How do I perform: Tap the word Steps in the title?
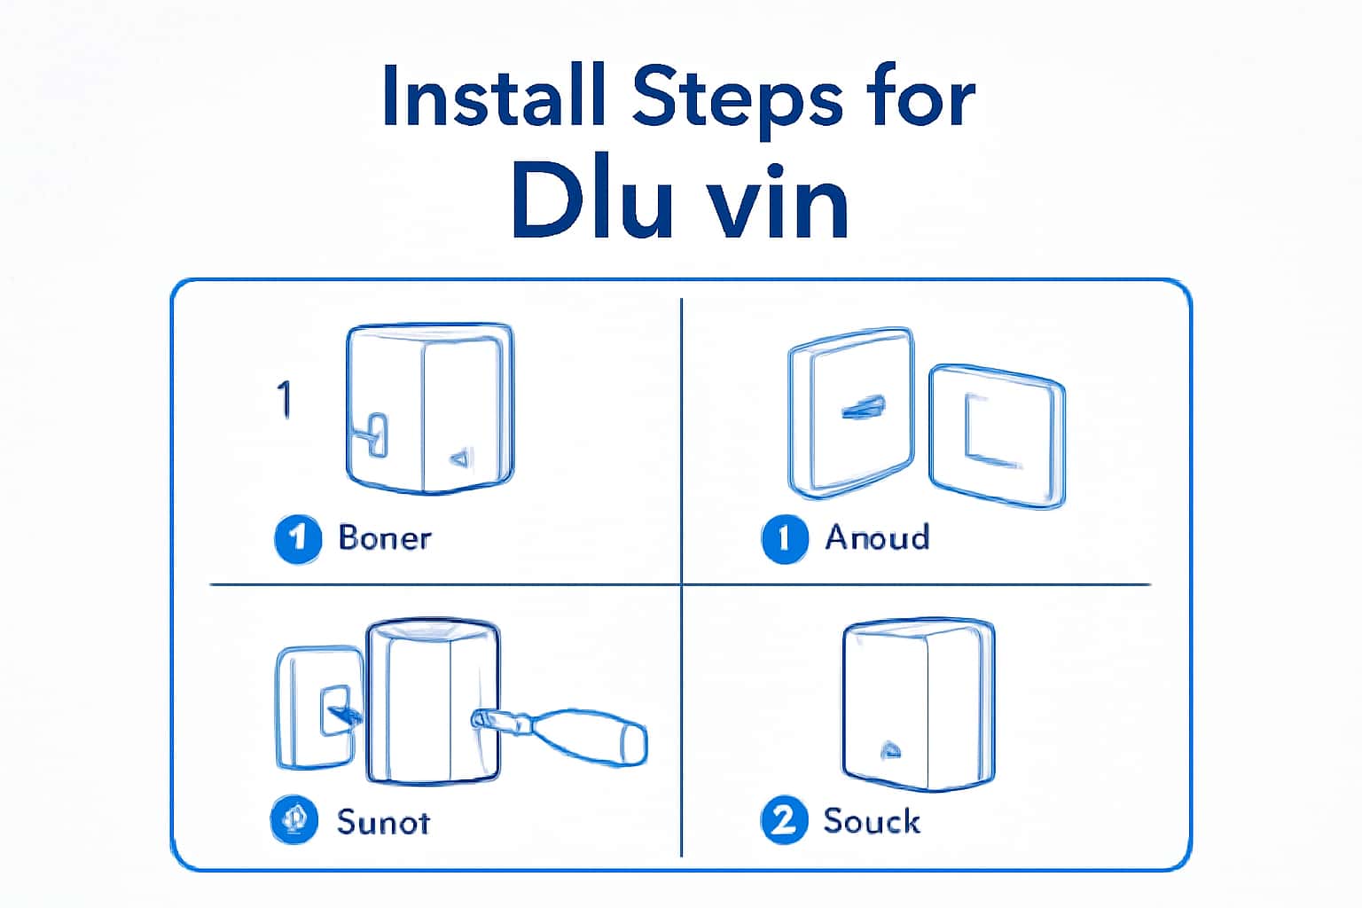736,98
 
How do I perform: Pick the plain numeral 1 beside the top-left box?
284,399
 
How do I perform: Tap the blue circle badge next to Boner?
298,538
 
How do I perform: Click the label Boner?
385,538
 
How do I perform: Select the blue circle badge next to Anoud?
785,538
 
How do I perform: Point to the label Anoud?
877,537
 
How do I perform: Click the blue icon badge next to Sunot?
294,820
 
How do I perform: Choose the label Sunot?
383,823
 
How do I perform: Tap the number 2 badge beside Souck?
784,820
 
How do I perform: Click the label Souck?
872,821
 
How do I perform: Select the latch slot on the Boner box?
376,434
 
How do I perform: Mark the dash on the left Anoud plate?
862,409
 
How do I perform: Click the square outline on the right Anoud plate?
994,429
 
